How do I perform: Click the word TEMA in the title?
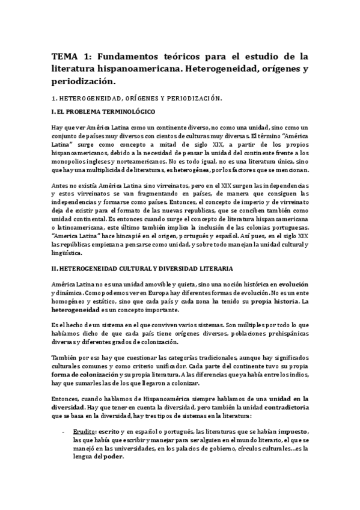tap(65, 57)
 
